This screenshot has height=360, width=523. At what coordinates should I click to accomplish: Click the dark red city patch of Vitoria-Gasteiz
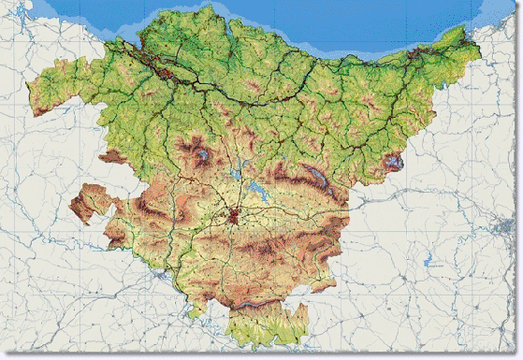tap(233, 217)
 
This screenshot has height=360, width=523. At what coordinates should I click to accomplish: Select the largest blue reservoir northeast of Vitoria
tap(254, 194)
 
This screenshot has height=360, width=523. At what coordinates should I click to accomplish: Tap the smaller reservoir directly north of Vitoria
tap(238, 172)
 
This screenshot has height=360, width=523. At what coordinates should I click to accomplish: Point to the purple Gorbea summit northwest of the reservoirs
tap(200, 150)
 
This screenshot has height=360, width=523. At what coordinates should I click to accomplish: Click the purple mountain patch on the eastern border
tap(394, 162)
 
